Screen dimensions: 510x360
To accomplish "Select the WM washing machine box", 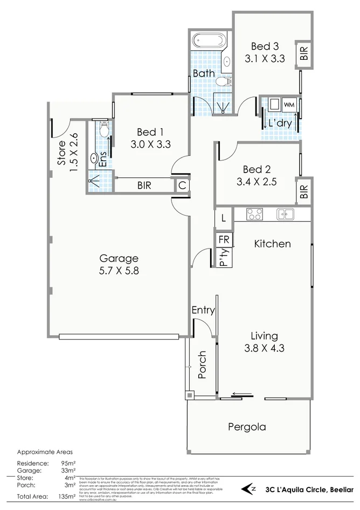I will point(289,104).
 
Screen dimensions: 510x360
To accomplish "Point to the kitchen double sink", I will point(285,214).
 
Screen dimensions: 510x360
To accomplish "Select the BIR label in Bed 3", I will point(304,53).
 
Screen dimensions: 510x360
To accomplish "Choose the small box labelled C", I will point(183,185).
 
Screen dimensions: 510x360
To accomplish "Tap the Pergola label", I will point(247,427).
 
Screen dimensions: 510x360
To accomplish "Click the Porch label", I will point(202,365).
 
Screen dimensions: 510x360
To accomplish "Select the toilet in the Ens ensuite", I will point(103,130).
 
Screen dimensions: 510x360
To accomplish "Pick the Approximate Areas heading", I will point(45,452).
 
